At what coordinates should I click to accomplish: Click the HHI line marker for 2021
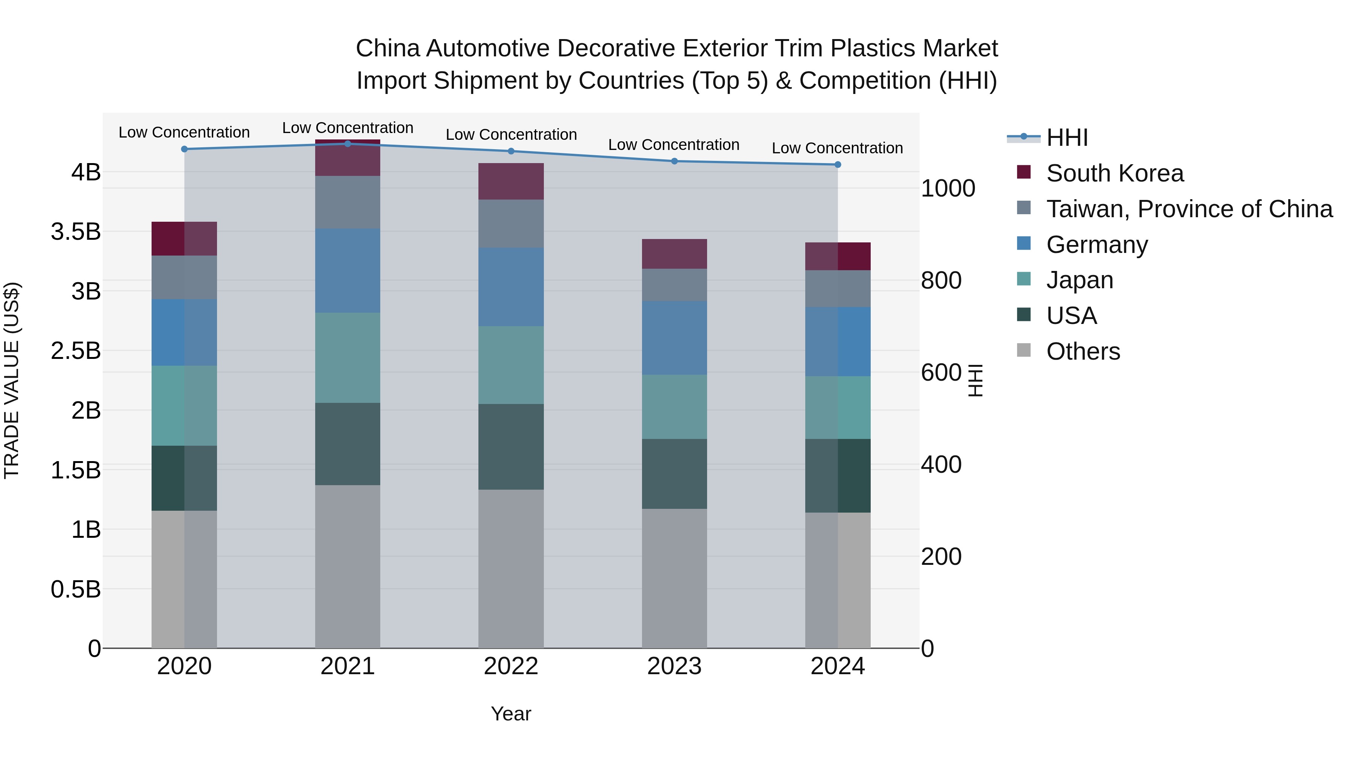348,144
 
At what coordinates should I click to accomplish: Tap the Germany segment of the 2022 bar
511,287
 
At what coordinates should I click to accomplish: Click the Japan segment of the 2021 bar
348,358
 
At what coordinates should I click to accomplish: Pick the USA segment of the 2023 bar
674,474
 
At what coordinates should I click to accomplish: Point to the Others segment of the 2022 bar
511,569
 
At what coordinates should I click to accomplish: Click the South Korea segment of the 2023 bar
674,254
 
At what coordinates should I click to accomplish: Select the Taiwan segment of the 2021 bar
348,202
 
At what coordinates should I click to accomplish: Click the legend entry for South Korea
1114,173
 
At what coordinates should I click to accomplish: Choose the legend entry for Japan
1079,280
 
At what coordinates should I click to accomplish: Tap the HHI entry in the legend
1067,138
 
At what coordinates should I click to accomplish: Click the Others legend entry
1083,351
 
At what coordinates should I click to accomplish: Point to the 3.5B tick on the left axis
76,231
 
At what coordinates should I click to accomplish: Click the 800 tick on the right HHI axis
941,280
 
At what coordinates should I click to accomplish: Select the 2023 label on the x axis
674,666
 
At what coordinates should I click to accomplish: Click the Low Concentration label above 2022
511,135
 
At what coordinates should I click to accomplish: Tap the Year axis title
511,714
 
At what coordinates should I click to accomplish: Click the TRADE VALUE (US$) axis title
12,380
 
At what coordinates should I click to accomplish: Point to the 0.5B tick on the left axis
76,589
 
